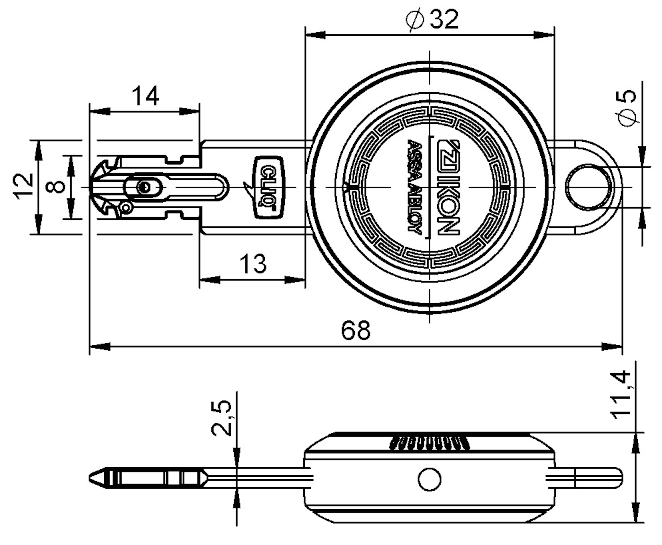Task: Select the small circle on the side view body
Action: point(429,479)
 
